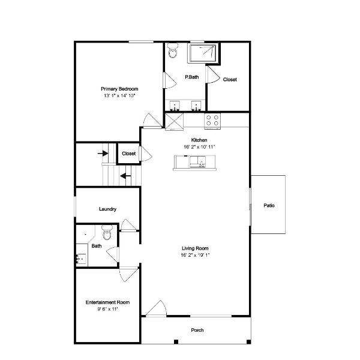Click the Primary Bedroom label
pyautogui.click(x=119, y=89)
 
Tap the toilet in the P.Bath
pyautogui.click(x=173, y=50)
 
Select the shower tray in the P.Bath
pyautogui.click(x=202, y=53)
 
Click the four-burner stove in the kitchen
pyautogui.click(x=212, y=121)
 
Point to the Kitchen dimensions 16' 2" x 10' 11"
pyautogui.click(x=199, y=147)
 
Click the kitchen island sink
pyautogui.click(x=197, y=161)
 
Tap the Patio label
pyautogui.click(x=269, y=205)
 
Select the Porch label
pyautogui.click(x=197, y=330)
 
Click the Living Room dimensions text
pyautogui.click(x=195, y=255)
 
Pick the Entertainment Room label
pyautogui.click(x=107, y=302)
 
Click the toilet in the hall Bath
pyautogui.click(x=107, y=232)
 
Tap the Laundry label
pyautogui.click(x=107, y=209)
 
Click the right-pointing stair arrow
pyautogui.click(x=103, y=153)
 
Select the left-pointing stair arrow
pyautogui.click(x=125, y=176)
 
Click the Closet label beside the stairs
pyautogui.click(x=128, y=154)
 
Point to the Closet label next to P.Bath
pyautogui.click(x=230, y=79)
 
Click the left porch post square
pyautogui.click(x=176, y=342)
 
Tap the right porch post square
pyautogui.click(x=248, y=342)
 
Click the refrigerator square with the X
pyautogui.click(x=174, y=122)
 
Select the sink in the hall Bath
pyautogui.click(x=81, y=259)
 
